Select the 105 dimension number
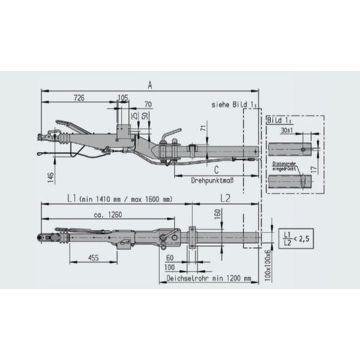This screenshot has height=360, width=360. (x=122, y=98)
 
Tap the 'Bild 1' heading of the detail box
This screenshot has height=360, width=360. (x=276, y=118)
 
